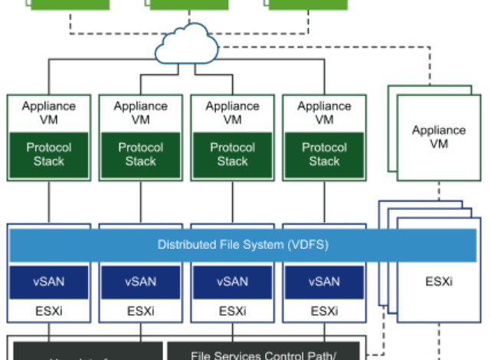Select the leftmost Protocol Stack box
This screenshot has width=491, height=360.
pyautogui.click(x=49, y=154)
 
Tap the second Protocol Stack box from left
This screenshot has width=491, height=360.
pyautogui.click(x=141, y=154)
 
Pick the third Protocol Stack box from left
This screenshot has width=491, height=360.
pyautogui.click(x=233, y=154)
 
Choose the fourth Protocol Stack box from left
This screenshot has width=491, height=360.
pyautogui.click(x=324, y=154)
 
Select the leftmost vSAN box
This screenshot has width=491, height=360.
pyautogui.click(x=49, y=282)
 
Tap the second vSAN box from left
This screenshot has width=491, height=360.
pyautogui.click(x=141, y=282)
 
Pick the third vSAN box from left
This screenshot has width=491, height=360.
pyautogui.click(x=233, y=282)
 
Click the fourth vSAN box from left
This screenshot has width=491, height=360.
pyautogui.click(x=324, y=282)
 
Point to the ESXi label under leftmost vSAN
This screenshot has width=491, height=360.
pyautogui.click(x=49, y=311)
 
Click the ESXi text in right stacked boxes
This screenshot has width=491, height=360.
pyautogui.click(x=439, y=281)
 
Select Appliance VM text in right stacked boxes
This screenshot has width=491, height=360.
pyautogui.click(x=439, y=136)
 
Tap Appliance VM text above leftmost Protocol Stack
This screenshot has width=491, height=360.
pyautogui.click(x=49, y=113)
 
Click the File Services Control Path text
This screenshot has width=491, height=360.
pyautogui.click(x=264, y=354)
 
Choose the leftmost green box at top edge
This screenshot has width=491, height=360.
pyautogui.click(x=70, y=5)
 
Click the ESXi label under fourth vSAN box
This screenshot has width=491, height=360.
pyautogui.click(x=324, y=311)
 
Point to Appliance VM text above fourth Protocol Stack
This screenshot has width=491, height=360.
pyautogui.click(x=324, y=113)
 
